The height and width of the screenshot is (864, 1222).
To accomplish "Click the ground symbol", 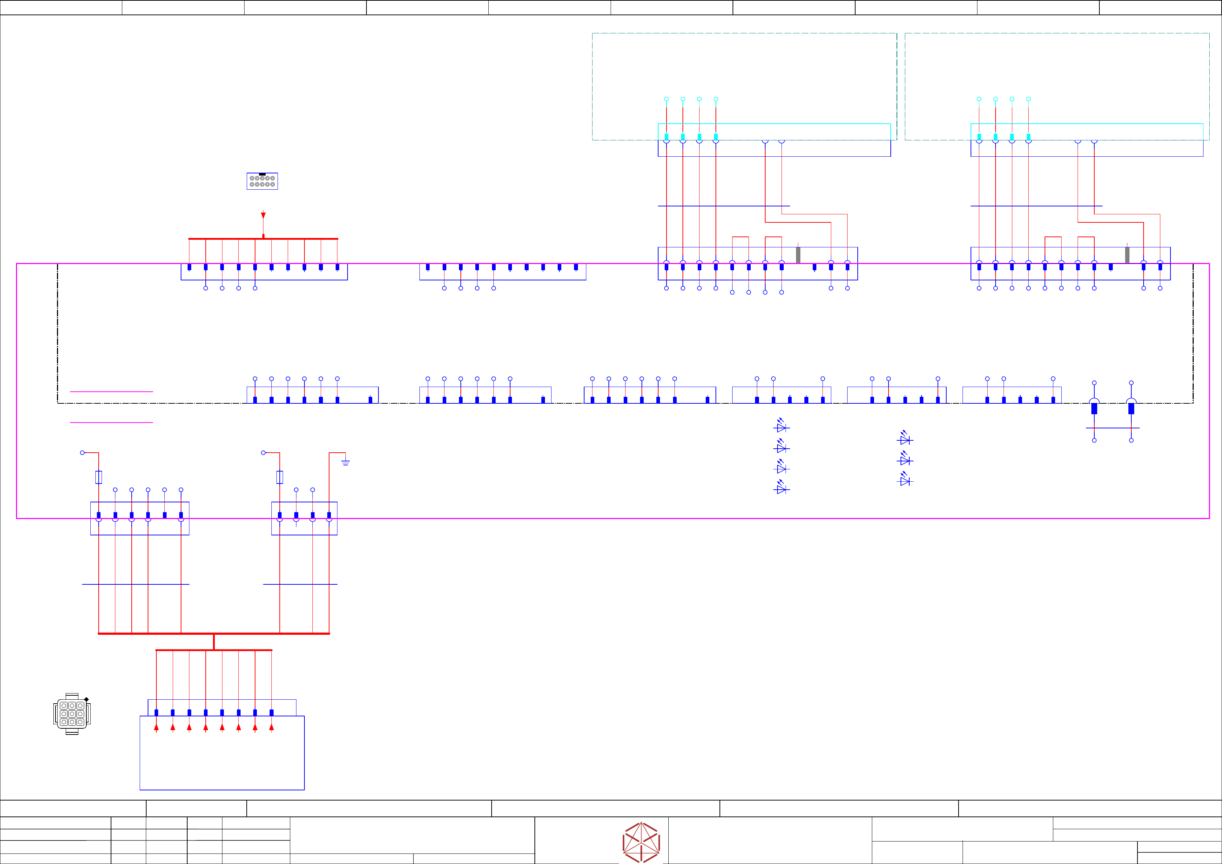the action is [x=345, y=462].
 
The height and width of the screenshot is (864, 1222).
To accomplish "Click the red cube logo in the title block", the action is [x=641, y=842].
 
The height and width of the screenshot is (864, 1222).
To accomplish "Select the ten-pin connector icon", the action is [x=262, y=181].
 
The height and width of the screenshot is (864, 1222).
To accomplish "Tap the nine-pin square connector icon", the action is [x=72, y=713].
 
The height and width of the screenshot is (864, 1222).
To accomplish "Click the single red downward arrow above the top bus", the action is [x=263, y=215].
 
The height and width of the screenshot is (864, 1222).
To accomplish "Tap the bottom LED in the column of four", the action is [x=781, y=488].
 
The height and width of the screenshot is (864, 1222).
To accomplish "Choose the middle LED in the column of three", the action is [x=904, y=460].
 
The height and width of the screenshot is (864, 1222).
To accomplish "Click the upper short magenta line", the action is [x=111, y=392].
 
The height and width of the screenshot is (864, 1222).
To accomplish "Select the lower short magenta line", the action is [x=111, y=423].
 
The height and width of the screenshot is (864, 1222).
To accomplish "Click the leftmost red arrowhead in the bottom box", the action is [x=156, y=727].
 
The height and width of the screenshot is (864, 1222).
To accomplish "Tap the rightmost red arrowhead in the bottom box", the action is [x=271, y=727].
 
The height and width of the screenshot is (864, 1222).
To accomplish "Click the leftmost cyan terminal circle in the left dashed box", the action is [x=667, y=99].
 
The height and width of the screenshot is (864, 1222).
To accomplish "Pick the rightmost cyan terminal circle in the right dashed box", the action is [x=1028, y=99].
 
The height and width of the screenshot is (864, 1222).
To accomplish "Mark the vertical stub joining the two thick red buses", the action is [x=214, y=642].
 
